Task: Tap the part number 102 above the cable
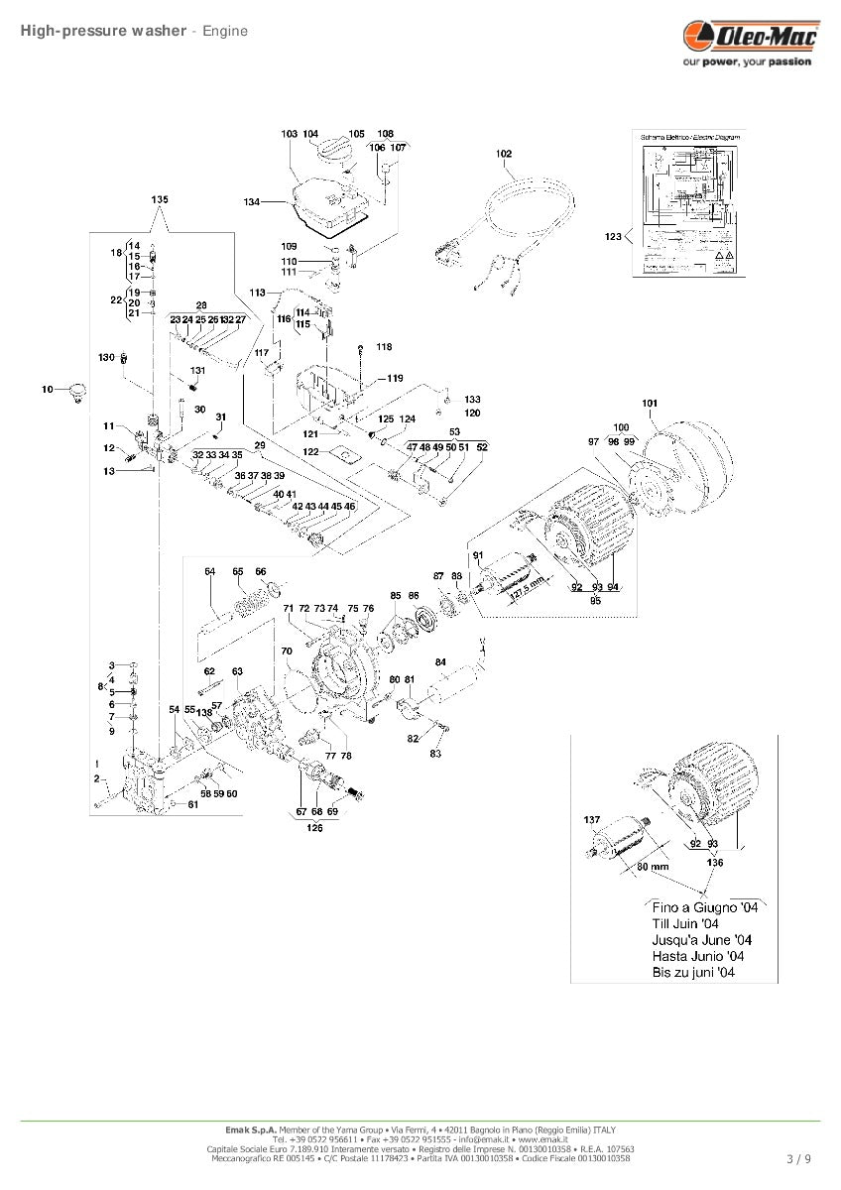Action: click(x=504, y=154)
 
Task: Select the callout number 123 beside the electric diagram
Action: click(x=613, y=236)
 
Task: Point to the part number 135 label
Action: click(x=160, y=199)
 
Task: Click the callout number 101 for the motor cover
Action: click(x=650, y=403)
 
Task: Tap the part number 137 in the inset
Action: click(x=592, y=820)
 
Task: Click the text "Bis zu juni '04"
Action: click(x=692, y=973)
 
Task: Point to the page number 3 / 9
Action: click(x=798, y=1158)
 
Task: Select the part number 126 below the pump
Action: click(x=314, y=828)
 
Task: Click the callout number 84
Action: click(x=440, y=662)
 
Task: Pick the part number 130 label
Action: click(x=106, y=356)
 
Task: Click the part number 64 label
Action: click(x=209, y=572)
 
